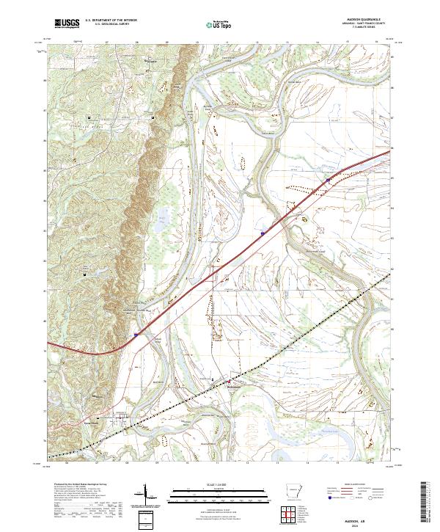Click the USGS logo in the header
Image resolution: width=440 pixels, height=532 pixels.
(67, 23)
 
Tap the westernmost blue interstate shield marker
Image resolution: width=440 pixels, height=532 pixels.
(136, 334)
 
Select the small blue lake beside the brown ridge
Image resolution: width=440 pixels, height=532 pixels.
(160, 217)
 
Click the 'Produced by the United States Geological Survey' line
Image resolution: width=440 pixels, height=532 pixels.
(73, 486)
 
